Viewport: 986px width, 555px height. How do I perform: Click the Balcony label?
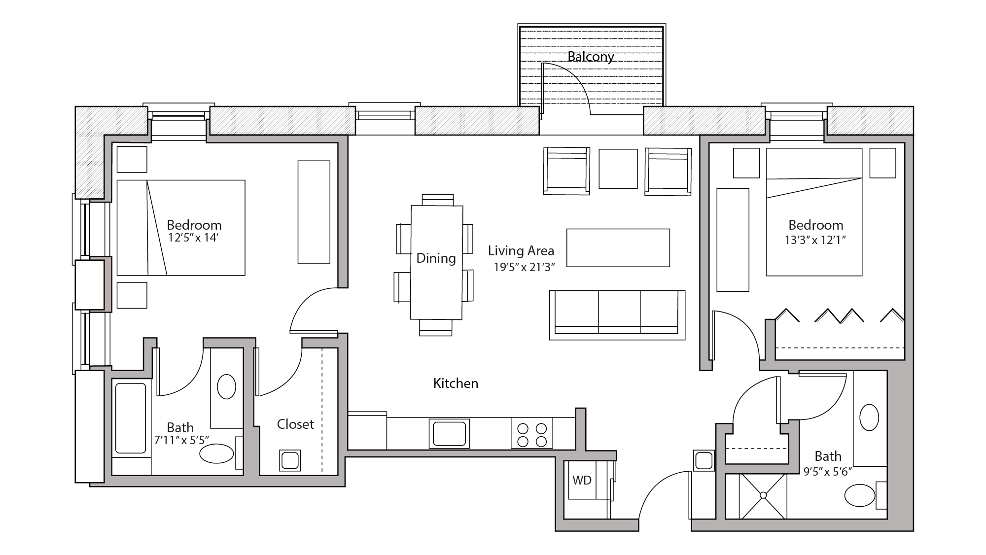pos(590,57)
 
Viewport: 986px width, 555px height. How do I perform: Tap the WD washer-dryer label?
pos(582,480)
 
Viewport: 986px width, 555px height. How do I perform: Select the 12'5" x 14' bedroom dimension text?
pos(193,238)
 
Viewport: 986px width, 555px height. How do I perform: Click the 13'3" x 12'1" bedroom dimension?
pos(815,241)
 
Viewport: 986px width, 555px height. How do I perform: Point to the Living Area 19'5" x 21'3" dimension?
pos(525,267)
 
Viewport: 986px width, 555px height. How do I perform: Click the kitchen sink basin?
pos(449,433)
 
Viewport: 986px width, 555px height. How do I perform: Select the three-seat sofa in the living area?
pos(617,314)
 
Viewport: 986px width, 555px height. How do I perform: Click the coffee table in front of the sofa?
pos(618,247)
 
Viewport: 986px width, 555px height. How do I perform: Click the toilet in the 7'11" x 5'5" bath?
pos(217,453)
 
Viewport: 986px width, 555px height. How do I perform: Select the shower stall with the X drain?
pos(763,495)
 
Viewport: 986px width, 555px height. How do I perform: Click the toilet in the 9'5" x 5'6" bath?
pos(860,495)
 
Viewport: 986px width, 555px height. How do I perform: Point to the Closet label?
pos(295,424)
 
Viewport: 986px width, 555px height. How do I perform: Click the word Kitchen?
pos(456,383)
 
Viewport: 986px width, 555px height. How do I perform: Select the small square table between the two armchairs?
pos(618,169)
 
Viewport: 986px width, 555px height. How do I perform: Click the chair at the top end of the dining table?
pos(437,200)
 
